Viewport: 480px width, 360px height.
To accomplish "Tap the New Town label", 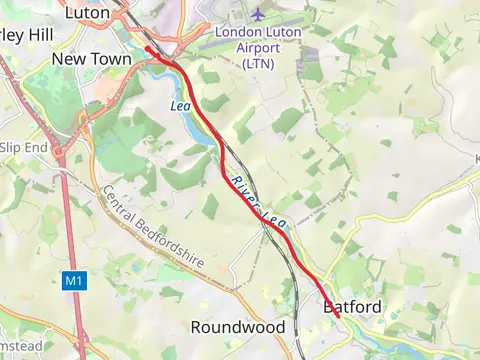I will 91,60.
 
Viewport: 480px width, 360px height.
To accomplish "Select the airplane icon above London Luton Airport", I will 259,15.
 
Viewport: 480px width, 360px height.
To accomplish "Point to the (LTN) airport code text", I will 259,63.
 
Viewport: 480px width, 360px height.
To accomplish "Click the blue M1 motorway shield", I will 74,282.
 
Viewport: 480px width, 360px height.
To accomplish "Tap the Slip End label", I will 22,147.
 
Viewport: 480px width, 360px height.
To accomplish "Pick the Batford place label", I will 353,307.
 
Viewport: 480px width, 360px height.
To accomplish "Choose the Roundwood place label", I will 237,327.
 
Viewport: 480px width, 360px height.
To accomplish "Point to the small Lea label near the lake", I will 181,106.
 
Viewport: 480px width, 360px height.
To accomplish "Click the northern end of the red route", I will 147,47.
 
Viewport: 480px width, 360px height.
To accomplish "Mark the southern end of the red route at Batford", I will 338,316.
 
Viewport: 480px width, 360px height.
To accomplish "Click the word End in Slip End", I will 36,147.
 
